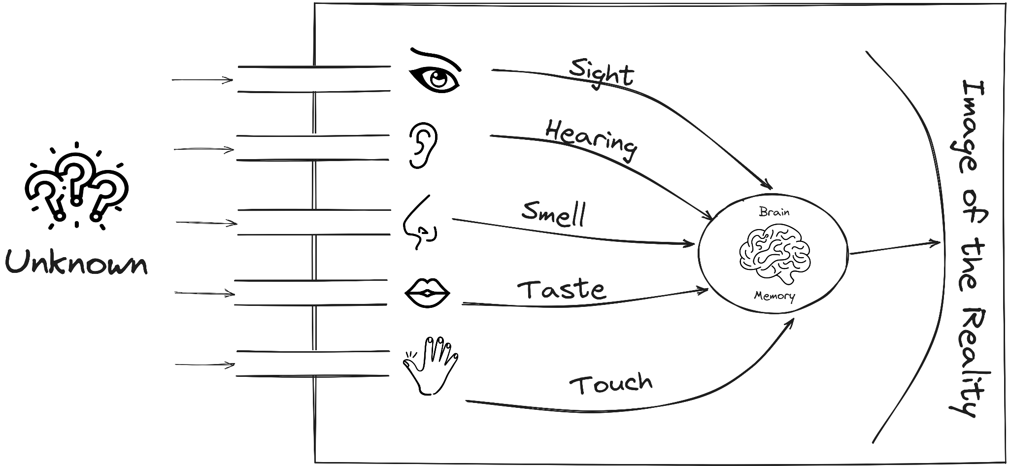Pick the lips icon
[427, 293]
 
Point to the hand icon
[432, 365]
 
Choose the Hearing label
[591, 140]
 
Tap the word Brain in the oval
[774, 212]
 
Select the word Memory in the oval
[774, 296]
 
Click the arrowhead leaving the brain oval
[935, 242]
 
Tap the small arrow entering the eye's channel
[228, 80]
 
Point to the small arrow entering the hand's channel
[230, 365]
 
